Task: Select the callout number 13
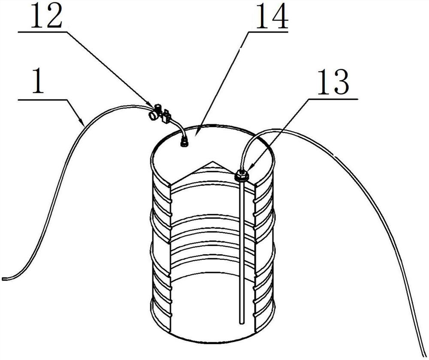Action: (333, 82)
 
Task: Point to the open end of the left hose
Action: (3, 279)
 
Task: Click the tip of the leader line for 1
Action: (84, 123)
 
